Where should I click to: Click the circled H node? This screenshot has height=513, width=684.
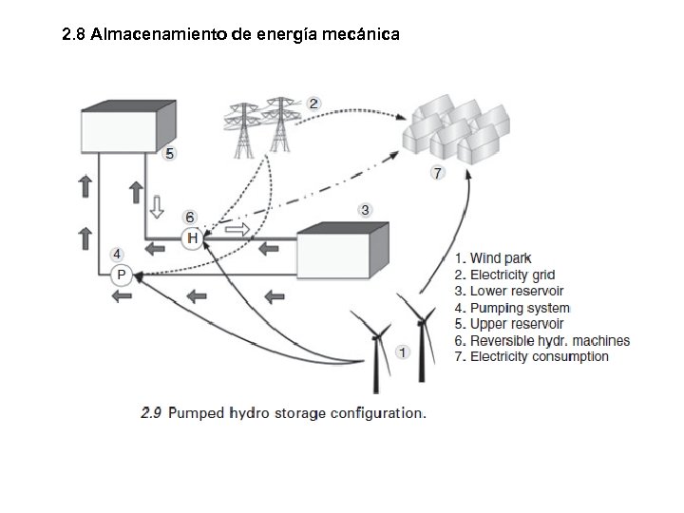point(192,237)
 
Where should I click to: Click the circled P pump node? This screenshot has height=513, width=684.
point(121,275)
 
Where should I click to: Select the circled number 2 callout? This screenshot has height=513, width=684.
point(313,102)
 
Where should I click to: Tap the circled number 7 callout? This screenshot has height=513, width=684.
point(437,173)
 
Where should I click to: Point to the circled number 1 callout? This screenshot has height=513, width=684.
point(403,352)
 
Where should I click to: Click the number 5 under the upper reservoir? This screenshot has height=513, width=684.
point(169,153)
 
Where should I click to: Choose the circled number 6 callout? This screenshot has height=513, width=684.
point(190,217)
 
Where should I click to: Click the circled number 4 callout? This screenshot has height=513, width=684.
point(116,255)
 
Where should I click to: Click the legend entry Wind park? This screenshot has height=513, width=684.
point(494,258)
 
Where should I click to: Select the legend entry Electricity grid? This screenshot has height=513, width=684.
point(504,275)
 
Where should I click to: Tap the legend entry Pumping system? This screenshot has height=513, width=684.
point(513,308)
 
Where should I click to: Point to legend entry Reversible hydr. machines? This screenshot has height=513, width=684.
point(542,341)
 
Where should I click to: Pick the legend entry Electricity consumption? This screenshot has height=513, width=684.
point(532,357)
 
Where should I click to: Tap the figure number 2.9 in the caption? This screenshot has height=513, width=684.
point(152,413)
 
